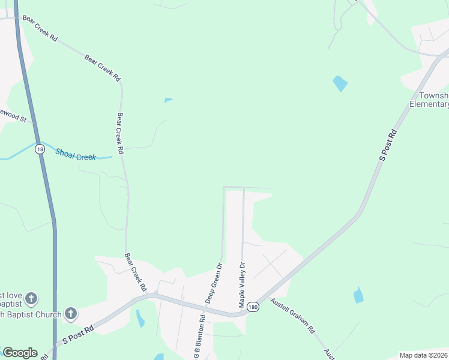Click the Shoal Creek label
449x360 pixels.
(x=76, y=154)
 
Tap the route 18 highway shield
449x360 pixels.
(x=40, y=149)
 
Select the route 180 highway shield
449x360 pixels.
(x=253, y=306)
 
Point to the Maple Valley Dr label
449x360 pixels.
(x=242, y=285)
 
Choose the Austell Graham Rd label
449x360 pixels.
(x=292, y=316)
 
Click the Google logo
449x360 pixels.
(x=20, y=353)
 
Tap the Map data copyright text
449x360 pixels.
(x=423, y=355)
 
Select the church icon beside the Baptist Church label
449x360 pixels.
(x=71, y=313)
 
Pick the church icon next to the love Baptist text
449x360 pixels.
(x=31, y=298)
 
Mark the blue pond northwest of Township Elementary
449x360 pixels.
(x=340, y=83)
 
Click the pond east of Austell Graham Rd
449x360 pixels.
(x=358, y=295)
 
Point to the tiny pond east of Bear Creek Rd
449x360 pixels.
(x=168, y=100)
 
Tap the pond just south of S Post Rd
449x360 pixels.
(x=140, y=318)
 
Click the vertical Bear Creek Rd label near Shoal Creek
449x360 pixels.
(x=120, y=134)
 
